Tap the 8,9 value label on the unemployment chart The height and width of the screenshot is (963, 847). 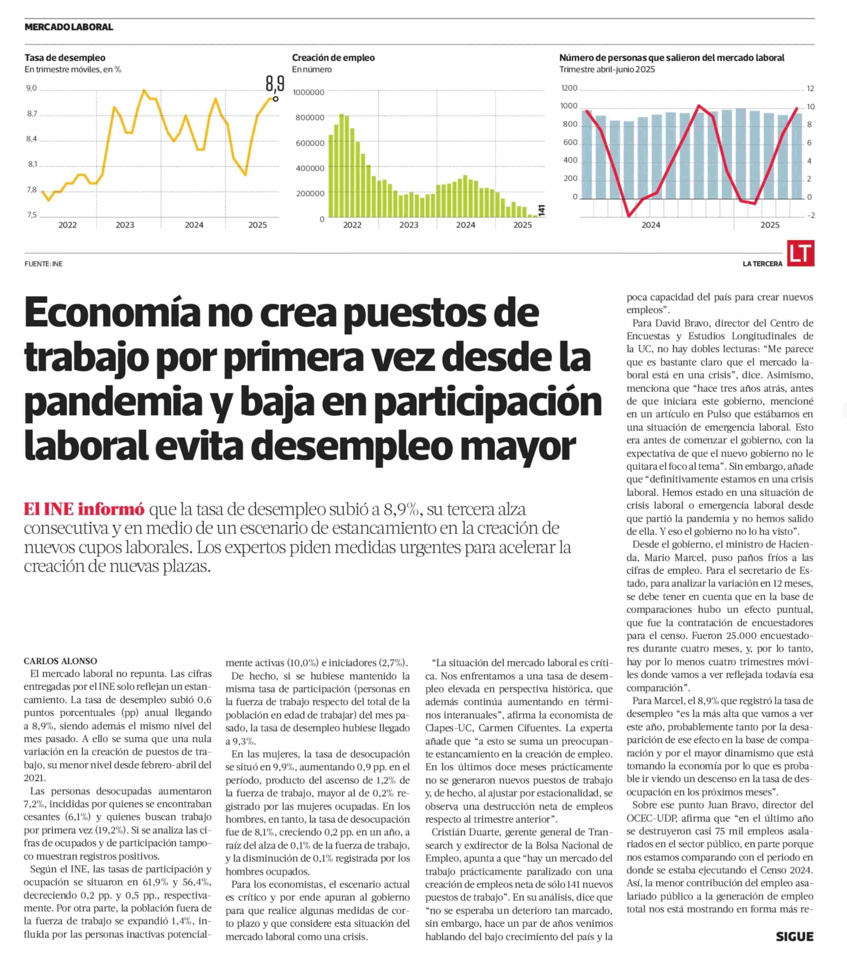[275, 83]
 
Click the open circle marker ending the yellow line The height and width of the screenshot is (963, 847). [275, 99]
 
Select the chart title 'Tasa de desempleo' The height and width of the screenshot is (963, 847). [65, 57]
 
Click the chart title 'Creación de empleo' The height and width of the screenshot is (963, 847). [333, 57]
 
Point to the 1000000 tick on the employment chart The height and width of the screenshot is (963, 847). [308, 92]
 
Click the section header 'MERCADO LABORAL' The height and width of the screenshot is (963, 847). [69, 27]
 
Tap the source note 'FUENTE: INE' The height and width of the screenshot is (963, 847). [43, 264]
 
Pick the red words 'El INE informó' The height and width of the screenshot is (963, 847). [84, 509]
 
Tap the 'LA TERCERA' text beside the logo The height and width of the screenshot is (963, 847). [762, 264]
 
